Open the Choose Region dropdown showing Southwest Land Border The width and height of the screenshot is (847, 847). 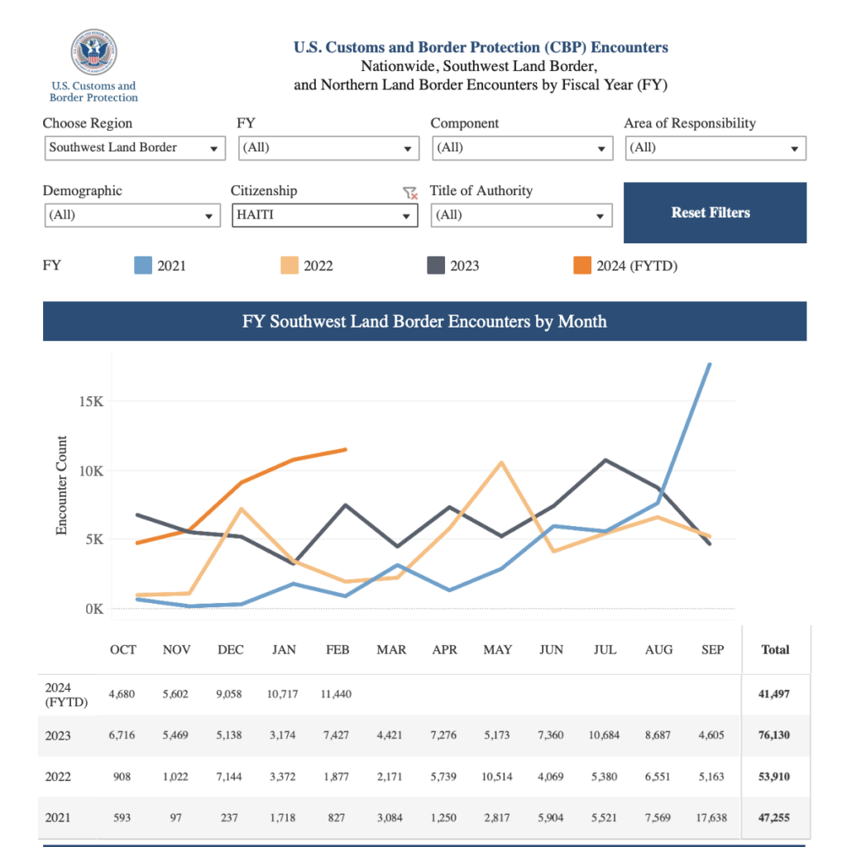(134, 148)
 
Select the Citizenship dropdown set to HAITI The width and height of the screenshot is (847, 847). (324, 215)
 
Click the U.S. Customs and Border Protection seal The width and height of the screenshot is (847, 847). (93, 53)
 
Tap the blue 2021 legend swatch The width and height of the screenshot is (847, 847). (143, 266)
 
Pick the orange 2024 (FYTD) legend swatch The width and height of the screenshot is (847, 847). (582, 266)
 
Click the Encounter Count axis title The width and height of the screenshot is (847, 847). (62, 486)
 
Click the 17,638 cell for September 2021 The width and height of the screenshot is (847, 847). (711, 818)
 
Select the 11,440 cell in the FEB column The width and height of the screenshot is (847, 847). (335, 694)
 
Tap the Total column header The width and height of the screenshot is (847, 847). (775, 650)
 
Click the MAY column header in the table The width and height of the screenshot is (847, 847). (498, 650)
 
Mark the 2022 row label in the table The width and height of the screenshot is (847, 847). (58, 777)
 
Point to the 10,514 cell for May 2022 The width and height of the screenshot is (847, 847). (498, 777)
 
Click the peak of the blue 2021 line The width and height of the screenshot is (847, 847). (710, 364)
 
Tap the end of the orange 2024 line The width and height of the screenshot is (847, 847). (345, 449)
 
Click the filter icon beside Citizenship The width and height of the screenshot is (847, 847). (409, 193)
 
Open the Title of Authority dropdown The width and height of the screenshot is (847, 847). (521, 215)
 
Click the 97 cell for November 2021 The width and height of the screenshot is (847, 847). (176, 818)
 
